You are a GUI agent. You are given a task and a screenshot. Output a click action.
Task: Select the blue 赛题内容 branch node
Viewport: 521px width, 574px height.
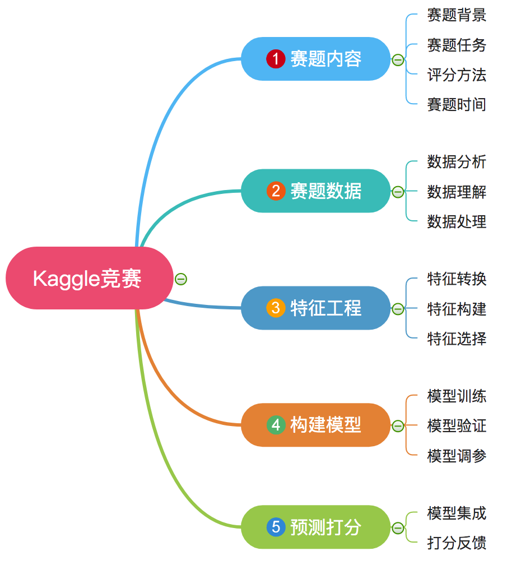(x=315, y=59)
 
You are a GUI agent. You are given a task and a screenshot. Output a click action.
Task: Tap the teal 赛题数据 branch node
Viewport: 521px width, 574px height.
(x=315, y=191)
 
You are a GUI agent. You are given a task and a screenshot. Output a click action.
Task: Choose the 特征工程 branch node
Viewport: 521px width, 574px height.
(x=315, y=308)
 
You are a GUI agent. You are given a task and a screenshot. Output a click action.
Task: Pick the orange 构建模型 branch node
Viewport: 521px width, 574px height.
(x=315, y=425)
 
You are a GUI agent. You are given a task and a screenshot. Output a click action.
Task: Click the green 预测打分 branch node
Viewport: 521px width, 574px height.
(x=315, y=527)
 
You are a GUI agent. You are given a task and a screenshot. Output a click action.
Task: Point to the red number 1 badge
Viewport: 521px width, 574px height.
(x=276, y=59)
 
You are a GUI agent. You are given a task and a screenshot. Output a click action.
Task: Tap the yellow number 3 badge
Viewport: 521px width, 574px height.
(x=276, y=308)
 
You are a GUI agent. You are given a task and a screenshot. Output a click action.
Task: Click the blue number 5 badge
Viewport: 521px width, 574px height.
(x=276, y=527)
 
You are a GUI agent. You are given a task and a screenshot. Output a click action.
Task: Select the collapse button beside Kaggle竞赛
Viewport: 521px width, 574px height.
(x=180, y=279)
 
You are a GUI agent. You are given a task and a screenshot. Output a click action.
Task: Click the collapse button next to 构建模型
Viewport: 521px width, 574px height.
(x=398, y=426)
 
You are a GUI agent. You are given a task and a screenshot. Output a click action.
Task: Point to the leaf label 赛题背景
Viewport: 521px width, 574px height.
(x=457, y=15)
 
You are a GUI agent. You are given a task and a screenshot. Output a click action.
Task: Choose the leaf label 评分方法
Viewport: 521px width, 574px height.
(x=457, y=75)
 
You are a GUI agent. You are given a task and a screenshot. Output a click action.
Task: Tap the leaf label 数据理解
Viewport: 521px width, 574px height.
(x=457, y=192)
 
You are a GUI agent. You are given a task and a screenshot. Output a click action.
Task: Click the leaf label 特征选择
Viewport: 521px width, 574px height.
(x=457, y=339)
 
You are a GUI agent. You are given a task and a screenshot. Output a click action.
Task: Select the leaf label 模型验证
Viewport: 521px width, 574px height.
(x=457, y=426)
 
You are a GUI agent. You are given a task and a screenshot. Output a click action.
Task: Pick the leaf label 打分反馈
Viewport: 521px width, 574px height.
(x=457, y=543)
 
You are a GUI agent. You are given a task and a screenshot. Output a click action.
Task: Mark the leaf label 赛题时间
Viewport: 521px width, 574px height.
(x=457, y=104)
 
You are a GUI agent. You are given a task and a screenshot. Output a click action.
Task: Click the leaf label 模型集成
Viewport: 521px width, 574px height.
(x=457, y=513)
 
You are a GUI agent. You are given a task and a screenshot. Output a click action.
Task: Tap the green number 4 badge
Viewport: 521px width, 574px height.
(x=276, y=425)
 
